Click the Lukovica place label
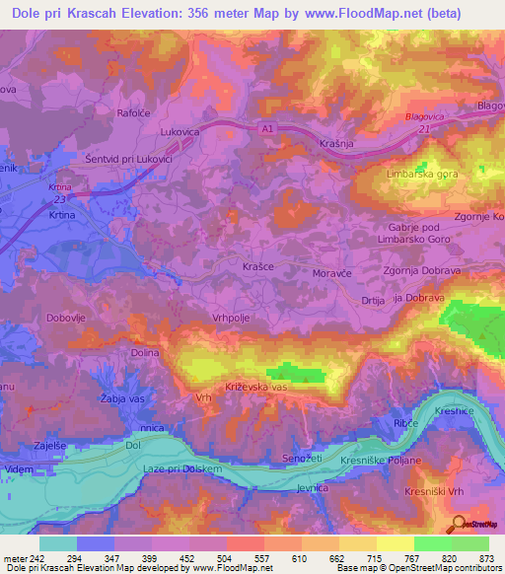pos(180,128)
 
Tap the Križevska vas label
pos(254,388)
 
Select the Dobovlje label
pos(67,318)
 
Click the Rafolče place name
pos(133,112)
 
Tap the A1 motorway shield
pos(268,127)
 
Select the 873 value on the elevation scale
pos(482,556)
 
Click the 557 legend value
pos(260,556)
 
